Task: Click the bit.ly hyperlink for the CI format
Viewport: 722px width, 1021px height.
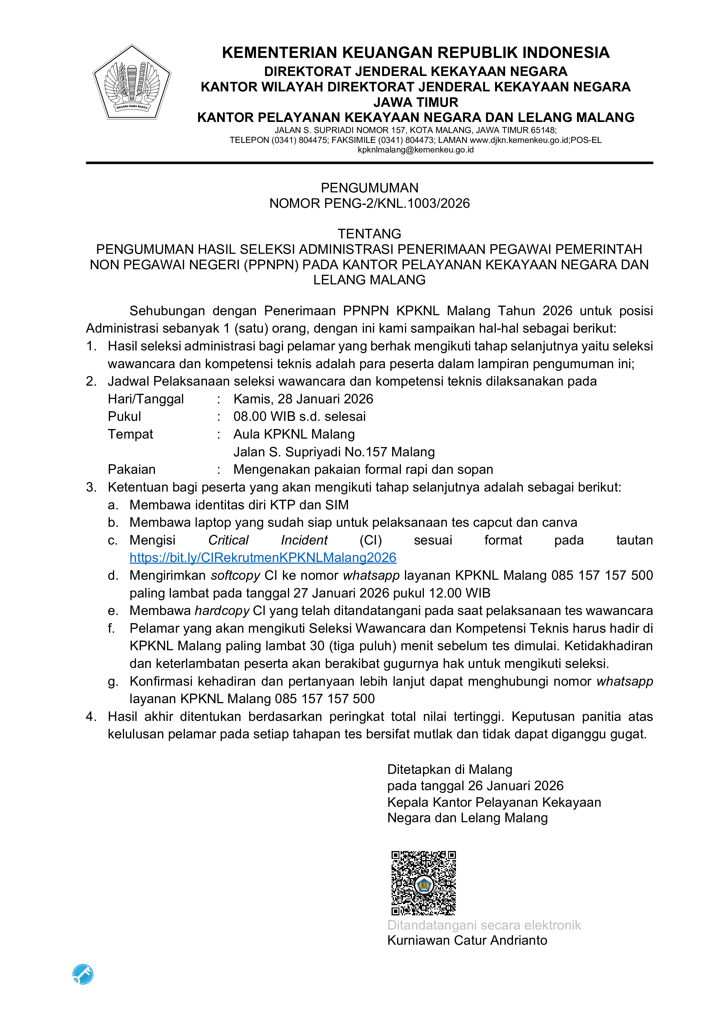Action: pyautogui.click(x=263, y=558)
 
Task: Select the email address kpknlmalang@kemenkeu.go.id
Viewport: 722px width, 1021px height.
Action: pyautogui.click(x=415, y=150)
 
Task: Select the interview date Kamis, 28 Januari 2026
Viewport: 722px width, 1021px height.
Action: pyautogui.click(x=303, y=399)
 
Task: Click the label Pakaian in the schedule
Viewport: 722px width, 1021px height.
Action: pyautogui.click(x=132, y=469)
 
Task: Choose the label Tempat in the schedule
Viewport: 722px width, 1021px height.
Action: pyautogui.click(x=130, y=434)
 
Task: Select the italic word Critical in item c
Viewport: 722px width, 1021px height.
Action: pyautogui.click(x=228, y=540)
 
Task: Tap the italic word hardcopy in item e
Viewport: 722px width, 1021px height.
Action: pyautogui.click(x=222, y=611)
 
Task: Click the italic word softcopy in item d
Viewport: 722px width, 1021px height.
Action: pyautogui.click(x=235, y=575)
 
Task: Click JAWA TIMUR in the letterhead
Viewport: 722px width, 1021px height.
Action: pyautogui.click(x=415, y=102)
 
